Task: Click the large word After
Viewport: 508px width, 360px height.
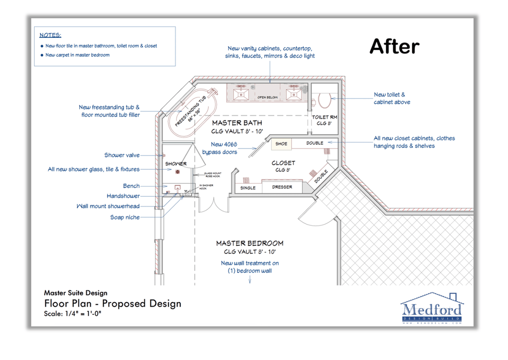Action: click(x=394, y=46)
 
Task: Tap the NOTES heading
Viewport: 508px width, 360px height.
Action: click(x=50, y=35)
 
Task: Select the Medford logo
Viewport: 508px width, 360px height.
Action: click(x=431, y=309)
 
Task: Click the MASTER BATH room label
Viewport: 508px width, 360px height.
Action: click(x=237, y=123)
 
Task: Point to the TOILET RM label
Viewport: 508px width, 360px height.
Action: click(x=324, y=117)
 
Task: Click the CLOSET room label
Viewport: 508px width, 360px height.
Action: click(x=283, y=163)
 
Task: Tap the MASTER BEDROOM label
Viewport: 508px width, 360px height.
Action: click(x=249, y=243)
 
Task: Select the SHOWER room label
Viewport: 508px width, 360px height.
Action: click(x=176, y=164)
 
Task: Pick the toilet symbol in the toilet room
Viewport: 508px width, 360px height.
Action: click(x=324, y=99)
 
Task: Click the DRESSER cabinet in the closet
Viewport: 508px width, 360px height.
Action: click(x=282, y=187)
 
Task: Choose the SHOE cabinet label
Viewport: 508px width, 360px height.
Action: click(x=281, y=143)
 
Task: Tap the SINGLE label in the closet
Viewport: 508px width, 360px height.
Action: click(x=248, y=188)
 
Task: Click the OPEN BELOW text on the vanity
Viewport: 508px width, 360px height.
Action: click(x=267, y=97)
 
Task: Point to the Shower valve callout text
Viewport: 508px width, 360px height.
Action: click(x=122, y=155)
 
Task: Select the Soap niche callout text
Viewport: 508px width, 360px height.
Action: click(x=125, y=217)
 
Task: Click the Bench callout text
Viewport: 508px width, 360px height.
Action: click(x=131, y=186)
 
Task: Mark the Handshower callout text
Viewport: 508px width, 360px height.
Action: click(x=123, y=196)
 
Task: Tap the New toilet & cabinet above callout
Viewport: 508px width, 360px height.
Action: click(x=392, y=98)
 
